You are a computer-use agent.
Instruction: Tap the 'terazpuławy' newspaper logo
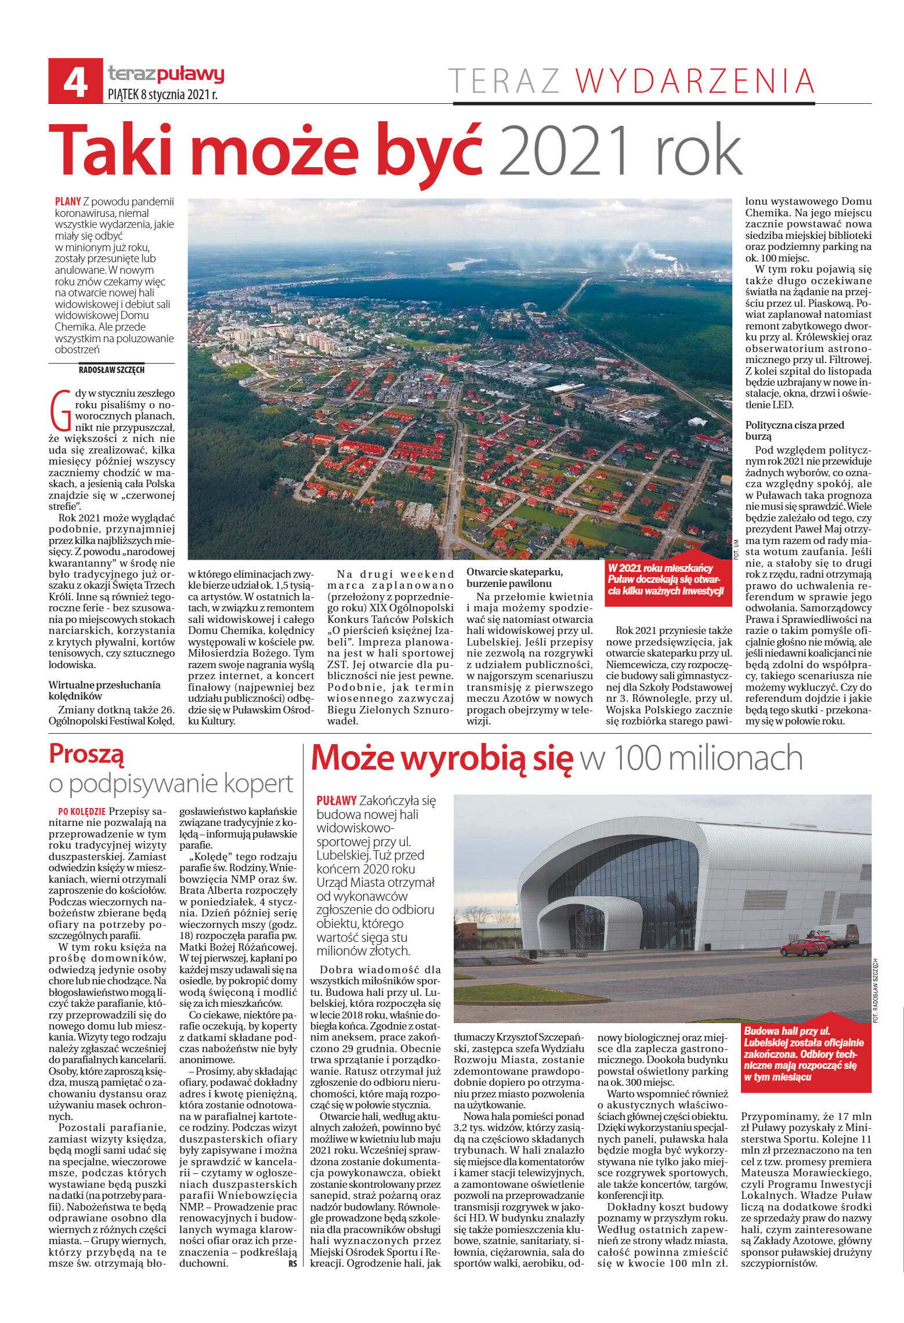(166, 74)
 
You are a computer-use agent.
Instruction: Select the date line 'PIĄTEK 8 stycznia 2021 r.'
(163, 95)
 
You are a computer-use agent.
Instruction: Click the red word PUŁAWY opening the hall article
(336, 801)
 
